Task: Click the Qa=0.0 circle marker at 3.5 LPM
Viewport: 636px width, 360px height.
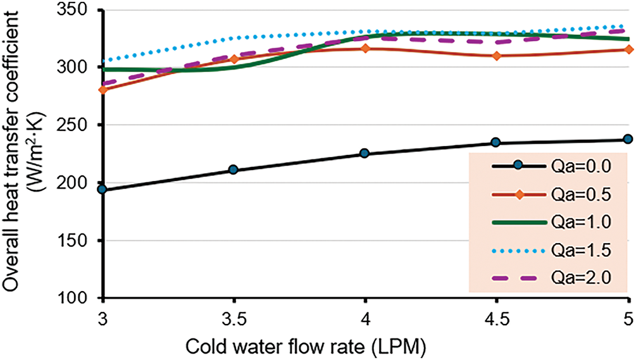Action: (234, 170)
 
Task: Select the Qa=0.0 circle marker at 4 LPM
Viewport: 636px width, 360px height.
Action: (365, 153)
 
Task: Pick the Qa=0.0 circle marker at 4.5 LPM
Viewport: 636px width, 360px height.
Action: (497, 143)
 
